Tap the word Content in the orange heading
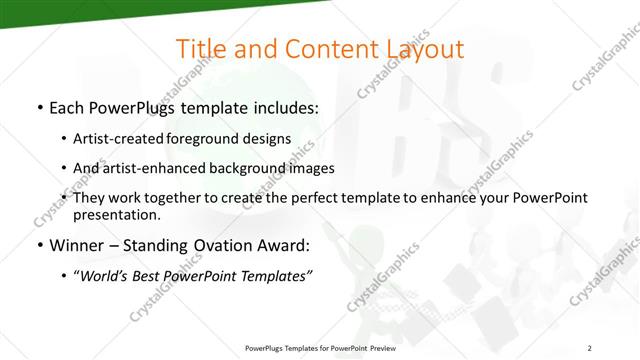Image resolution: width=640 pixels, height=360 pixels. click(x=322, y=50)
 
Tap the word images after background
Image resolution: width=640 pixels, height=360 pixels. click(x=313, y=168)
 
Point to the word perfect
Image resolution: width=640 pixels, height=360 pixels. click(x=337, y=198)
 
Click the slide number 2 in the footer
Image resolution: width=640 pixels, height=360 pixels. click(x=589, y=348)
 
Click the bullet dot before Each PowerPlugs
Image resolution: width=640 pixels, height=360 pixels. click(x=39, y=108)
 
